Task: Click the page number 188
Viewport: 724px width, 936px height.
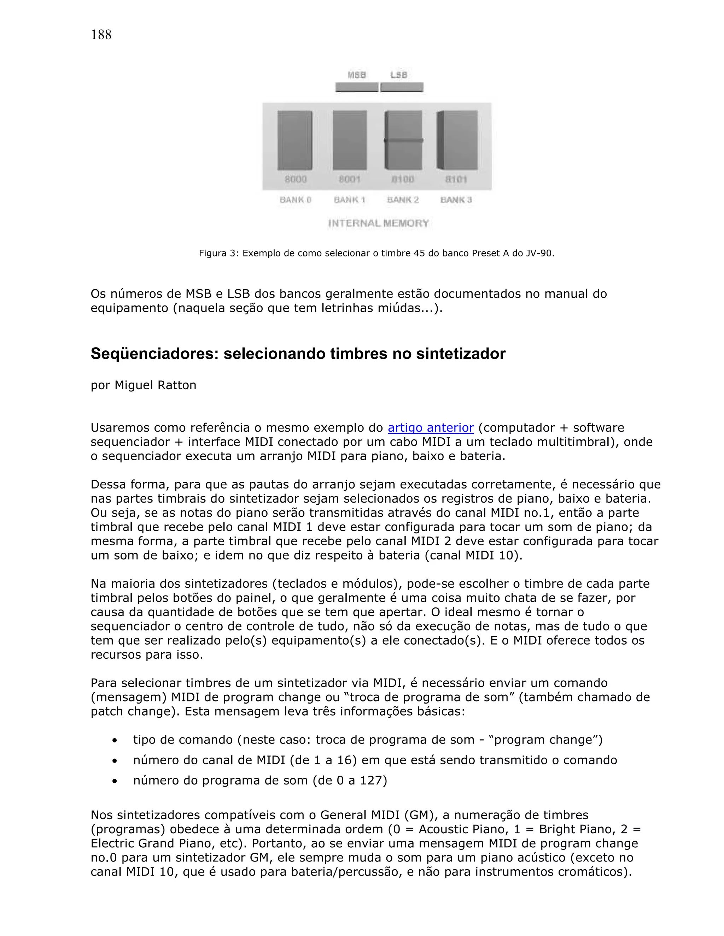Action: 101,35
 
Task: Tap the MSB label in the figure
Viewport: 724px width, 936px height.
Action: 356,75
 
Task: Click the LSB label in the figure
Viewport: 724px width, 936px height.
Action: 399,75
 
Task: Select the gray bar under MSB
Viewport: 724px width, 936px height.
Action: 357,88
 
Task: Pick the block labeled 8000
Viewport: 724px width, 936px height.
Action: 295,140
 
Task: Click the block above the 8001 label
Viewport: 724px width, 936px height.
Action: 350,140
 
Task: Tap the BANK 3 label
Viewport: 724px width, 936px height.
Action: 456,200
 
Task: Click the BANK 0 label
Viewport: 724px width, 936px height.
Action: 296,200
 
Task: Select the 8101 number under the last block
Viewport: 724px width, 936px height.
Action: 456,179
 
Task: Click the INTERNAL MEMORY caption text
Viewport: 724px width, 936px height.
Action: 378,223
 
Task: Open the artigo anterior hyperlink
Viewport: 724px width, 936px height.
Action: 431,428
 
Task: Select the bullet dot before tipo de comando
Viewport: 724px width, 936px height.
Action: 115,741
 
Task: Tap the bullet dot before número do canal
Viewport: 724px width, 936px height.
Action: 115,761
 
